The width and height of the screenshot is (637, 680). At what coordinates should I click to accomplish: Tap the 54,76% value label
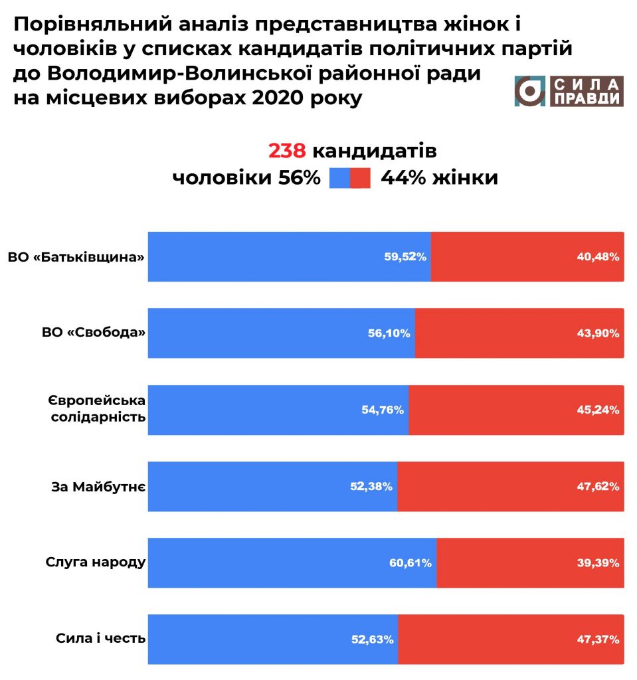point(383,410)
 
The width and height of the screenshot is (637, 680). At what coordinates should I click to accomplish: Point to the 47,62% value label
point(598,486)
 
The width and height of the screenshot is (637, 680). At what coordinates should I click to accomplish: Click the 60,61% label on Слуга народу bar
point(410,563)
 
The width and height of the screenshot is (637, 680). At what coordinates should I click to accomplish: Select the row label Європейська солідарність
point(97,410)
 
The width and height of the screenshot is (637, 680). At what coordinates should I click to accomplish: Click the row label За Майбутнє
point(98,487)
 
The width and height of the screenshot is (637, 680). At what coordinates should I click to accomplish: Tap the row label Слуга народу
point(96,563)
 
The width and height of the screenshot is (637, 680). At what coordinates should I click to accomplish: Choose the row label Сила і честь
point(101,639)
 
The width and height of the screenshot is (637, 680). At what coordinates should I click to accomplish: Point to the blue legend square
point(339,179)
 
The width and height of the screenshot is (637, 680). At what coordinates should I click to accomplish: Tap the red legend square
point(361,179)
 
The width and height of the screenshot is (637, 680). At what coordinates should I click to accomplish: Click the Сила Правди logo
point(569,92)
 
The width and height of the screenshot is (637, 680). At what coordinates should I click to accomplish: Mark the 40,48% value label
point(598,256)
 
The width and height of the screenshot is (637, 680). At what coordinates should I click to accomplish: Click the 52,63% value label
point(372,639)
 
